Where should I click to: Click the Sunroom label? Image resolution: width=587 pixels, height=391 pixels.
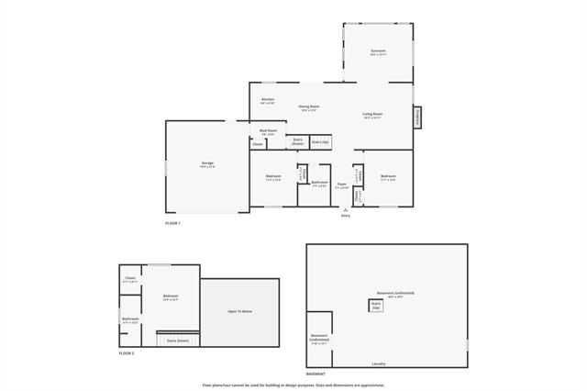(x=378, y=51)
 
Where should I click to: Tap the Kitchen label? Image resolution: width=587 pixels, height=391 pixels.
(x=268, y=100)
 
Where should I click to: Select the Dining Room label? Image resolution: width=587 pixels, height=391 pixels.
(x=309, y=108)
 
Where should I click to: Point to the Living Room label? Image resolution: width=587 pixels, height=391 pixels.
(x=372, y=115)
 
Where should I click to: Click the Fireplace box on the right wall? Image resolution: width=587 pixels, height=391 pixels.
(x=418, y=117)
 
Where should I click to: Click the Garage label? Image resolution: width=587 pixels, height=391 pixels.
(x=207, y=164)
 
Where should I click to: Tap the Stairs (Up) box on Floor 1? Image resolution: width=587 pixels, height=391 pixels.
(x=320, y=142)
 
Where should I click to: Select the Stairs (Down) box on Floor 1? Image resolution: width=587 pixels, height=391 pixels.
(x=298, y=142)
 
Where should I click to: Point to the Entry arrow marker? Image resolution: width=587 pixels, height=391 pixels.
(x=346, y=209)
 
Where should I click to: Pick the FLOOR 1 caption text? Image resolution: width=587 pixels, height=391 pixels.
(x=172, y=224)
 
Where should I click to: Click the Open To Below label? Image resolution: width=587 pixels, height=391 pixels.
(x=240, y=312)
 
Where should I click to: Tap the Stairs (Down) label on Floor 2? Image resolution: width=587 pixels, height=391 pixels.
(x=178, y=341)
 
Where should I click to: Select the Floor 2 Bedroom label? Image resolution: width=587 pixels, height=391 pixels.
(x=171, y=296)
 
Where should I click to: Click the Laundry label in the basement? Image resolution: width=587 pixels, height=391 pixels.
(x=378, y=364)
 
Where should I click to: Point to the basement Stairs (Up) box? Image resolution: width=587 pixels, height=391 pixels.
(x=376, y=305)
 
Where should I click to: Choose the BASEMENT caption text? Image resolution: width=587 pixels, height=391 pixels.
(x=316, y=374)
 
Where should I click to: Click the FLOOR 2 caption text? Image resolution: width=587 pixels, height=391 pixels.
(x=127, y=353)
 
